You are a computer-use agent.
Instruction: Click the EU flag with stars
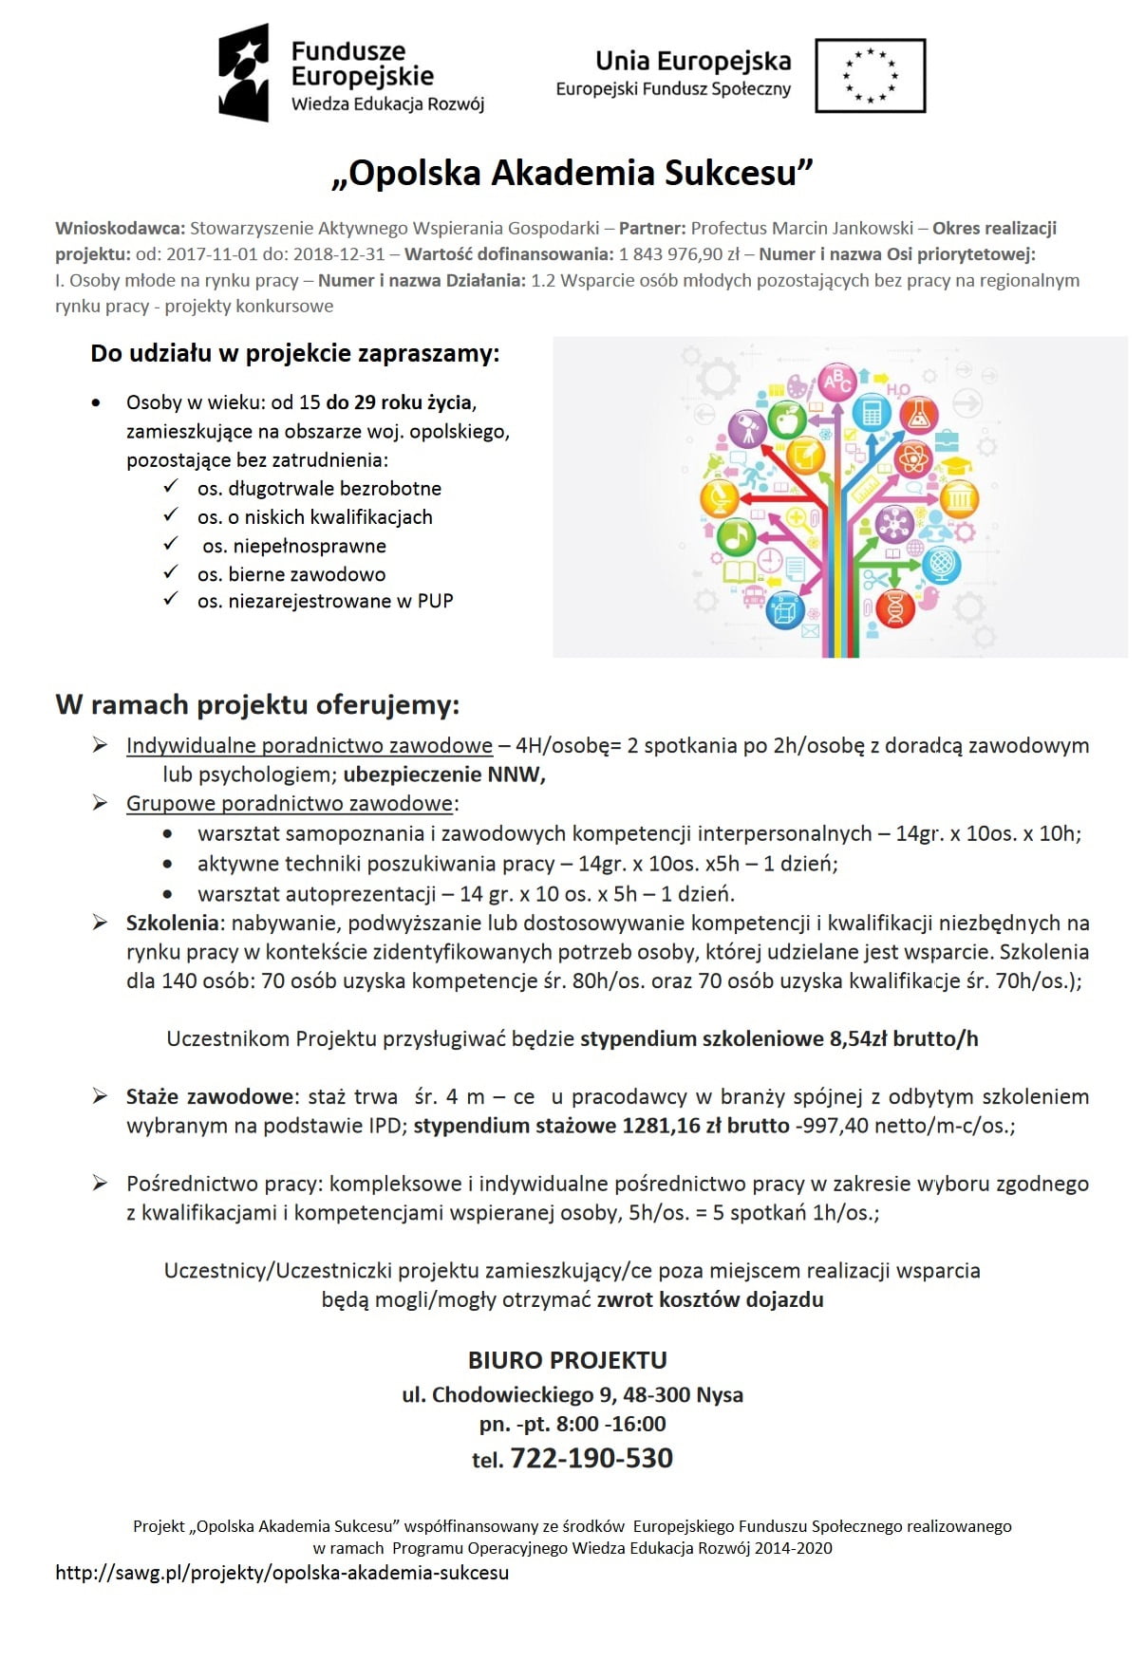point(870,75)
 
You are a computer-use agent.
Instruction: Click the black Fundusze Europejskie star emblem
point(244,73)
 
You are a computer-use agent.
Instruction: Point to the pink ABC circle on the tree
point(837,382)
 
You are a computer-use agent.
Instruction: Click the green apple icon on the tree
point(786,418)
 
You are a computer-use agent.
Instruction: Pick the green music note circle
point(736,537)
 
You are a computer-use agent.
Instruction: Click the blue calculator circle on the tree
point(871,412)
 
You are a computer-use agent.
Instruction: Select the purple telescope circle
point(747,428)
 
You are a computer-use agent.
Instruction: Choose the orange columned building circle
point(959,497)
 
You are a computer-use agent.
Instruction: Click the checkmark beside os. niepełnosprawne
point(171,544)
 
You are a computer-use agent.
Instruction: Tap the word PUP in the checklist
point(435,601)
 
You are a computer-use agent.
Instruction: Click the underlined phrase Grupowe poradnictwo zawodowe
point(290,804)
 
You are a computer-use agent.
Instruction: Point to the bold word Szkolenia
point(173,923)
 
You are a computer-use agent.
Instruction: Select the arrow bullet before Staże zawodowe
point(100,1096)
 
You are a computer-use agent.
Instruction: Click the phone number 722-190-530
point(591,1458)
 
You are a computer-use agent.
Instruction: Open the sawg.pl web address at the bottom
point(282,1573)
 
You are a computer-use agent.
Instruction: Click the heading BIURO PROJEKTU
point(568,1360)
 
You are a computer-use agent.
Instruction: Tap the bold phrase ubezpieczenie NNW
point(442,775)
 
